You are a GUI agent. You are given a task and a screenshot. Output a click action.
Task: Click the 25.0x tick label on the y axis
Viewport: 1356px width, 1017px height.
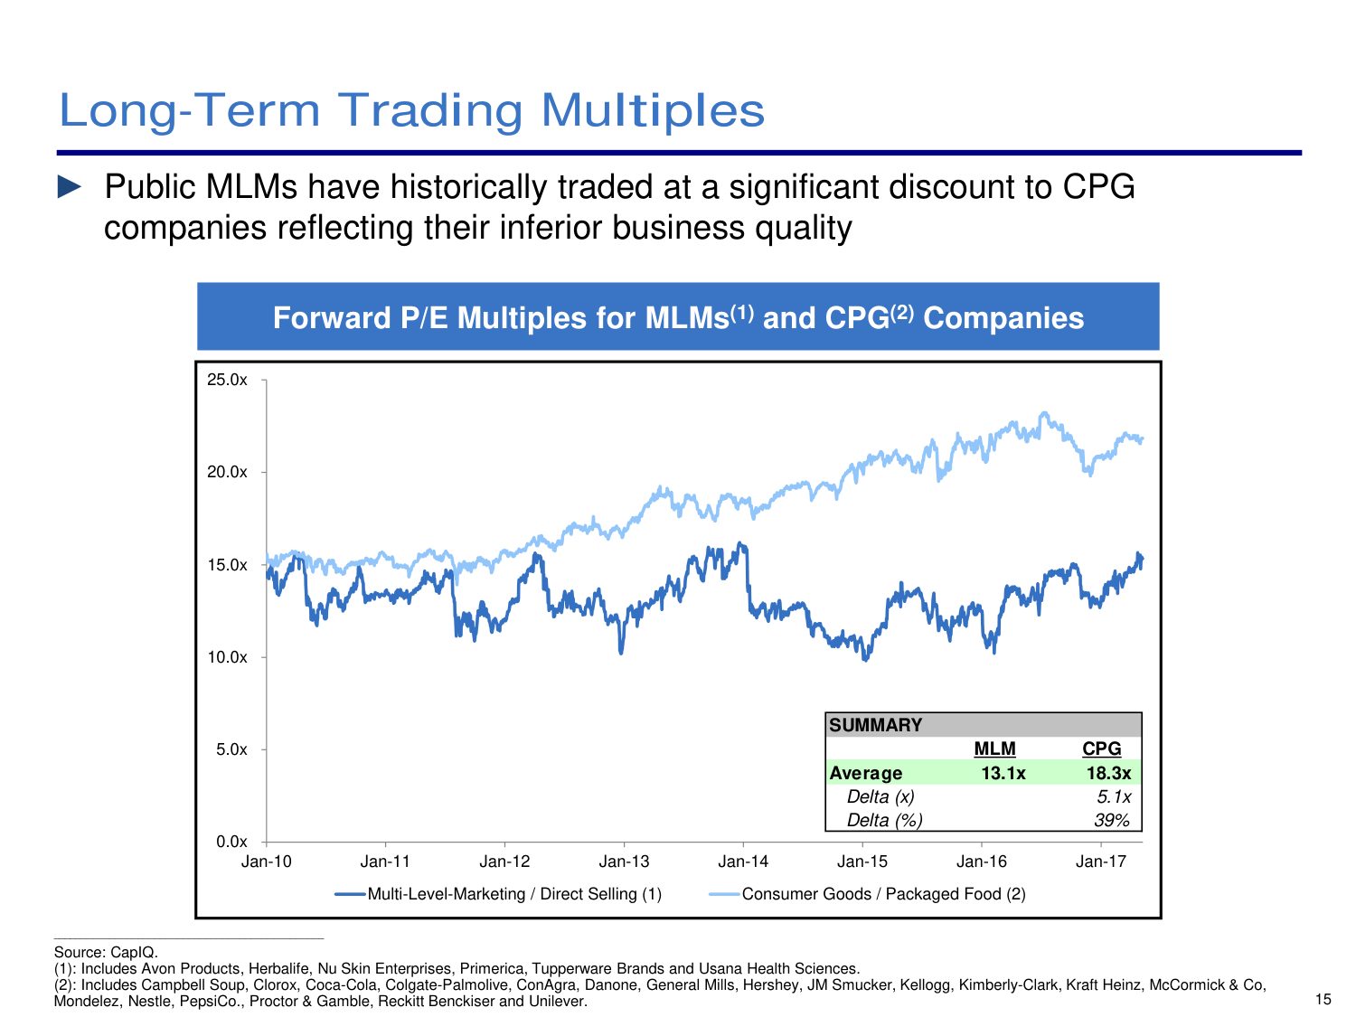pos(227,380)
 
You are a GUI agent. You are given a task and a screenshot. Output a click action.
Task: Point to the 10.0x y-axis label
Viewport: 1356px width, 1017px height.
pos(227,657)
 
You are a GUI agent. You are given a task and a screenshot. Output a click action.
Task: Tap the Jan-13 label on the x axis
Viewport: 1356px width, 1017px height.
pos(624,862)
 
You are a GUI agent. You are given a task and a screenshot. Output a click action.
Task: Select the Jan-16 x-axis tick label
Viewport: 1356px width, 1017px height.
pos(982,862)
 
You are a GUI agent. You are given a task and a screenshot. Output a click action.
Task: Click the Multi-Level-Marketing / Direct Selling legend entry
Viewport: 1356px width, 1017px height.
pos(498,894)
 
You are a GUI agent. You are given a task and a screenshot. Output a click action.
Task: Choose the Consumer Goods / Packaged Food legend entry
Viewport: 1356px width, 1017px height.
pos(867,894)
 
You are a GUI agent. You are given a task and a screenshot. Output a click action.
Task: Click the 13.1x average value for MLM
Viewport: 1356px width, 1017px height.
pos(1003,773)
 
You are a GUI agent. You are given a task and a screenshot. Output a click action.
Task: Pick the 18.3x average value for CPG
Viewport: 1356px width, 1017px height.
pos(1109,773)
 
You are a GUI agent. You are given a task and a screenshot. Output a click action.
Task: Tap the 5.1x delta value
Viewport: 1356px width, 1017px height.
pos(1114,796)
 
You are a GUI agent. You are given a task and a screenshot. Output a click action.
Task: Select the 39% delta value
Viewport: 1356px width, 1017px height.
pos(1112,820)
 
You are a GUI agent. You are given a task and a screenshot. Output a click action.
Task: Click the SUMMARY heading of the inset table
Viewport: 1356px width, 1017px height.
pos(875,725)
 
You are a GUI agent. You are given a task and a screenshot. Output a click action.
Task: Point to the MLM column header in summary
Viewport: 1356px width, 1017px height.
pos(994,749)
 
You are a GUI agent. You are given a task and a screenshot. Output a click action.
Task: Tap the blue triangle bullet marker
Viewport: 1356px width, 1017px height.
pos(70,187)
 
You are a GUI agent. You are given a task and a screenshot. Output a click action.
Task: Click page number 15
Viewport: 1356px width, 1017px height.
pos(1323,999)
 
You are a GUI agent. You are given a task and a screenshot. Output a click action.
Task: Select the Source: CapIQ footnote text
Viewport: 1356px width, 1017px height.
pos(106,952)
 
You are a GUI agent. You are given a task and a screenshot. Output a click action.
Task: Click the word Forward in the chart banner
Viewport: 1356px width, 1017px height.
pos(332,318)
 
